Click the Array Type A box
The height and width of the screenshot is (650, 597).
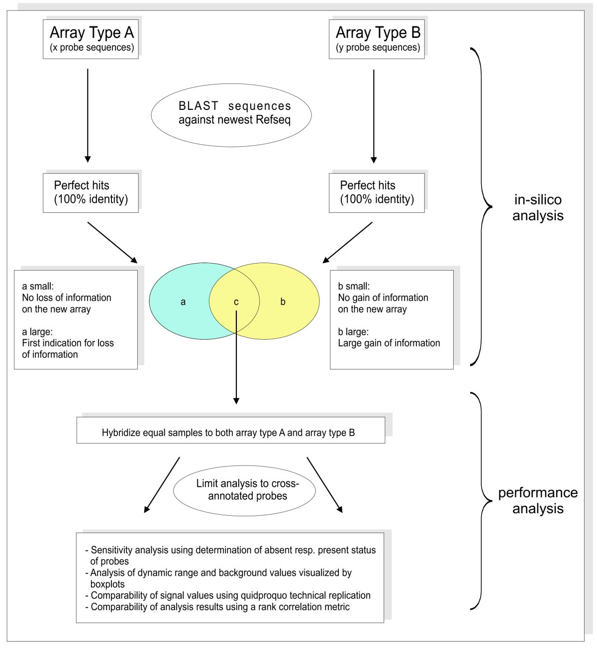click(x=91, y=39)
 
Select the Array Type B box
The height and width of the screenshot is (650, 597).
click(x=377, y=39)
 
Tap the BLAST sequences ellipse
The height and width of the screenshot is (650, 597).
click(x=231, y=113)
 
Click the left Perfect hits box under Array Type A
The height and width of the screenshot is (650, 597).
click(x=91, y=192)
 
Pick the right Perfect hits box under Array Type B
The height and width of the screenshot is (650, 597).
click(x=377, y=192)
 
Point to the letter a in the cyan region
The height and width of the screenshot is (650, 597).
click(x=183, y=302)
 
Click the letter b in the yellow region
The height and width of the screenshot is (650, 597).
click(x=283, y=302)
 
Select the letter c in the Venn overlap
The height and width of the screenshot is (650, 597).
click(x=236, y=302)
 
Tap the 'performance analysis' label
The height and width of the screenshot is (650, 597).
click(x=538, y=500)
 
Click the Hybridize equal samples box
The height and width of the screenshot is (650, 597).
click(x=230, y=431)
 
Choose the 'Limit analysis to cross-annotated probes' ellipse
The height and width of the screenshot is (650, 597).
click(x=244, y=490)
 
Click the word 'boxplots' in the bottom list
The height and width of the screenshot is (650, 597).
click(x=107, y=584)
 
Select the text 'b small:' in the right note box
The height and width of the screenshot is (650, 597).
click(x=354, y=286)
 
